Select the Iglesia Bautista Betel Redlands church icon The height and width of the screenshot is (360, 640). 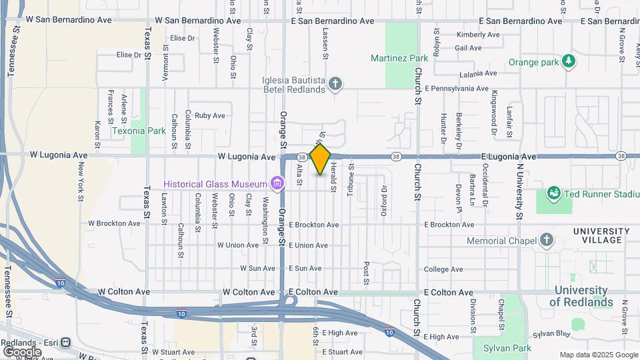coord(336,84)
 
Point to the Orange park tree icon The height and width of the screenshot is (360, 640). coord(569,62)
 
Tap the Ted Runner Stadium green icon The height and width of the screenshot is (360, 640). coord(553,194)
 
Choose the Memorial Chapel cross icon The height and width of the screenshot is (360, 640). coord(546,240)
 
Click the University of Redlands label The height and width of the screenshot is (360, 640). coord(581,297)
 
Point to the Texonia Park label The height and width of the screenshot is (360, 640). coord(139,131)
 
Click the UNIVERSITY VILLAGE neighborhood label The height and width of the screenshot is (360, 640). coord(601,236)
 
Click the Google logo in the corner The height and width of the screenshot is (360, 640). coord(22,351)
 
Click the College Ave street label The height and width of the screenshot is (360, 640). coord(443,269)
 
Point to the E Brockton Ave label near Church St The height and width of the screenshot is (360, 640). coord(448,225)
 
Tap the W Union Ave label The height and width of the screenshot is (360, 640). coord(238,245)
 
